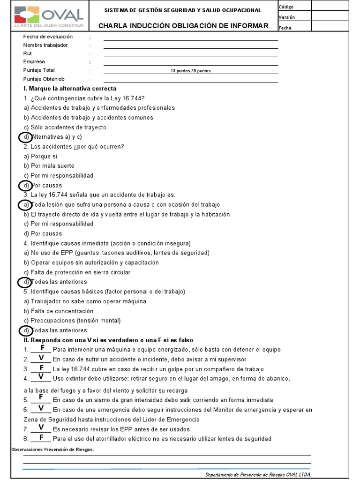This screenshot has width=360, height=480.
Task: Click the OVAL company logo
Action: [x=49, y=16]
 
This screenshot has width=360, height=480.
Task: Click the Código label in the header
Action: [x=287, y=7]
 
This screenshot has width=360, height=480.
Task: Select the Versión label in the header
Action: [x=287, y=17]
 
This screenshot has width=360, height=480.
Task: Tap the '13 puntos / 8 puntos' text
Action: [x=190, y=71]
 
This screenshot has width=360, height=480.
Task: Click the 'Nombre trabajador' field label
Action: [x=45, y=45]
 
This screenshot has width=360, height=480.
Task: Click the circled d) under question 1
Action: [x=25, y=137]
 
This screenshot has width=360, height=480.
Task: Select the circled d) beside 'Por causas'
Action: [x=25, y=185]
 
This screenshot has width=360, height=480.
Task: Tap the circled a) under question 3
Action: [x=25, y=205]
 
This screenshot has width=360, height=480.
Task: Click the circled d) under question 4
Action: [x=25, y=282]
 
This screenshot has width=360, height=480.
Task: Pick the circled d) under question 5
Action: [x=25, y=330]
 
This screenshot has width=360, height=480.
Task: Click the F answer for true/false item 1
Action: [x=43, y=348]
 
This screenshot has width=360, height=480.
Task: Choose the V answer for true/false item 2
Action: [x=41, y=358]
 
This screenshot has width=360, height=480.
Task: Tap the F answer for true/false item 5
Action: [x=41, y=397]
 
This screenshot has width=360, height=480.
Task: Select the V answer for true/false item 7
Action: [x=41, y=427]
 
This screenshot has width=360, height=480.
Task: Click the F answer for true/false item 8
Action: [x=41, y=437]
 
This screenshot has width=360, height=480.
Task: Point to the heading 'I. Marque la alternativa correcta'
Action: [x=70, y=89]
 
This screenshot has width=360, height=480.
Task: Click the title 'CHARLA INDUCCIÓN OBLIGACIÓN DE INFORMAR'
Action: [x=183, y=26]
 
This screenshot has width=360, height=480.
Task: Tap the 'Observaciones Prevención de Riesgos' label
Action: [x=52, y=450]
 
